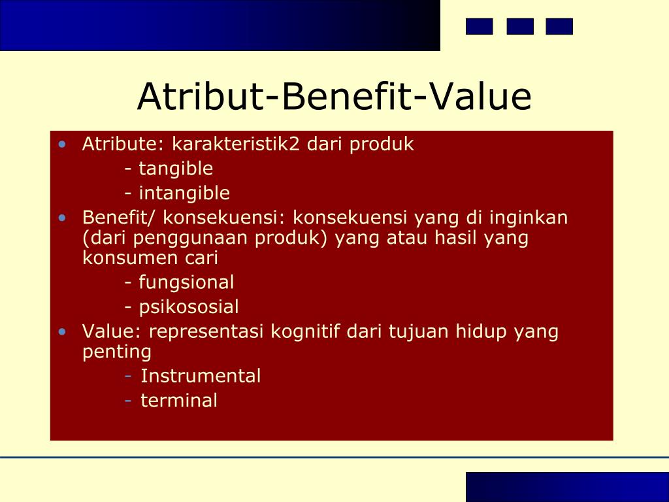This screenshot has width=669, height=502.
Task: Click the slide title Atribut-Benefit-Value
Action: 334,97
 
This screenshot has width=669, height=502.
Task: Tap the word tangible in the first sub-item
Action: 176,169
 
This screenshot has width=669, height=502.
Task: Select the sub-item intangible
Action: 184,193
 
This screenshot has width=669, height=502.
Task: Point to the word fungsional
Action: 186,282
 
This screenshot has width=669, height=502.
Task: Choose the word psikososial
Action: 189,307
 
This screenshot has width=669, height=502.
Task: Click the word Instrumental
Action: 201,376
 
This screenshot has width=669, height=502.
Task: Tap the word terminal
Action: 179,401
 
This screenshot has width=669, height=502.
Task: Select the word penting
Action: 117,352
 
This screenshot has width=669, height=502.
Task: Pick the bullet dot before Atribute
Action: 62,144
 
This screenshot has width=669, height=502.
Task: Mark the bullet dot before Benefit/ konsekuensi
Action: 62,218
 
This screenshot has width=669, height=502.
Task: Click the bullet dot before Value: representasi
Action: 62,331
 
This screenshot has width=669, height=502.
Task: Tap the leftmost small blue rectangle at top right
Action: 479,26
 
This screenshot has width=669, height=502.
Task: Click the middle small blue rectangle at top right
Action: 520,26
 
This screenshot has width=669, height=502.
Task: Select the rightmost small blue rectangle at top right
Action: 559,26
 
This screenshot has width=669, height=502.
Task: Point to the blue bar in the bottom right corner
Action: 567,487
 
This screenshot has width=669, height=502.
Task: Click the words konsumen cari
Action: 150,258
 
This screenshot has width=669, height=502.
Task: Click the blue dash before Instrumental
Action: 129,376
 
